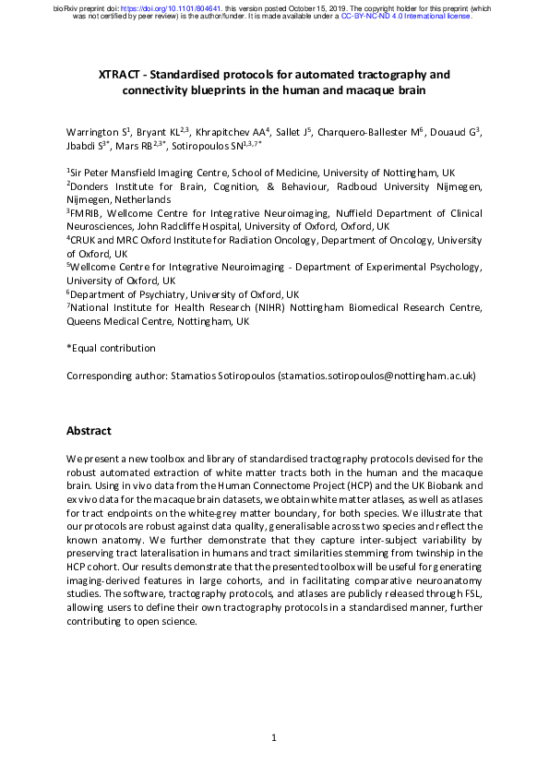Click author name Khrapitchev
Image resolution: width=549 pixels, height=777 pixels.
(233, 133)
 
